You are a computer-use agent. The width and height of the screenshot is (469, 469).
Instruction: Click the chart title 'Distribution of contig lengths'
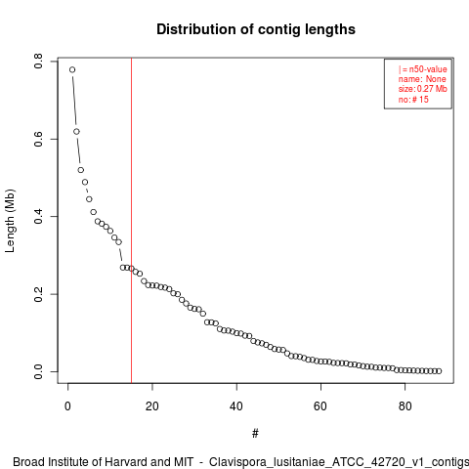tap(256, 29)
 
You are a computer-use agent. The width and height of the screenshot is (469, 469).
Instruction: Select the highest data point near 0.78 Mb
tap(72, 69)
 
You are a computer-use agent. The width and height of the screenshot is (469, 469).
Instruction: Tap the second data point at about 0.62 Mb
tap(76, 132)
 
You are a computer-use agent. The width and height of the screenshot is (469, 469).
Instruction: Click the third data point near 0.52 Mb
tap(81, 170)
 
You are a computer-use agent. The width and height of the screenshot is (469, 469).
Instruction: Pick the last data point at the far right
tap(439, 371)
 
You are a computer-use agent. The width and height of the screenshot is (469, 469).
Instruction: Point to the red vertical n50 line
tap(131, 221)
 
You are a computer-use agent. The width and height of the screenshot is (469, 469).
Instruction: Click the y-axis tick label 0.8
tap(38, 62)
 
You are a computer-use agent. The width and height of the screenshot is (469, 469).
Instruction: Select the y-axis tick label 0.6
tap(38, 139)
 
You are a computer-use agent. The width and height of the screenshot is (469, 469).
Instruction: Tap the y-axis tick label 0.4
tap(38, 217)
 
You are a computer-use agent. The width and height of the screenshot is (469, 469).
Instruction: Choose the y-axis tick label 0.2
tap(38, 294)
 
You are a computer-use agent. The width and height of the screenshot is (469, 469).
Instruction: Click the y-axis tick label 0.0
tap(38, 371)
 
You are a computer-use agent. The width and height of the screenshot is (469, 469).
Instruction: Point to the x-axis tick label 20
tap(152, 406)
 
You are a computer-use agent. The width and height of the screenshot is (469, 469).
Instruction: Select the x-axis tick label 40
tap(236, 406)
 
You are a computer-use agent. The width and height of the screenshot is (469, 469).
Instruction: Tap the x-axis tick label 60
tap(320, 406)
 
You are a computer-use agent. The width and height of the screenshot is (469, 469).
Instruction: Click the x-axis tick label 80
tap(405, 406)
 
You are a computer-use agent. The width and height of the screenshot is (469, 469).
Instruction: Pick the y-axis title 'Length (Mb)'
tap(10, 221)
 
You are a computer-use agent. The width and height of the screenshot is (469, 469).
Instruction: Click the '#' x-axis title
tap(255, 434)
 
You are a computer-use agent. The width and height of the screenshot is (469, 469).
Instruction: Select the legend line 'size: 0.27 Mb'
tap(422, 89)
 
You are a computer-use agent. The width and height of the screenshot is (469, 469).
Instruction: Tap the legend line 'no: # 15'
tap(413, 100)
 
